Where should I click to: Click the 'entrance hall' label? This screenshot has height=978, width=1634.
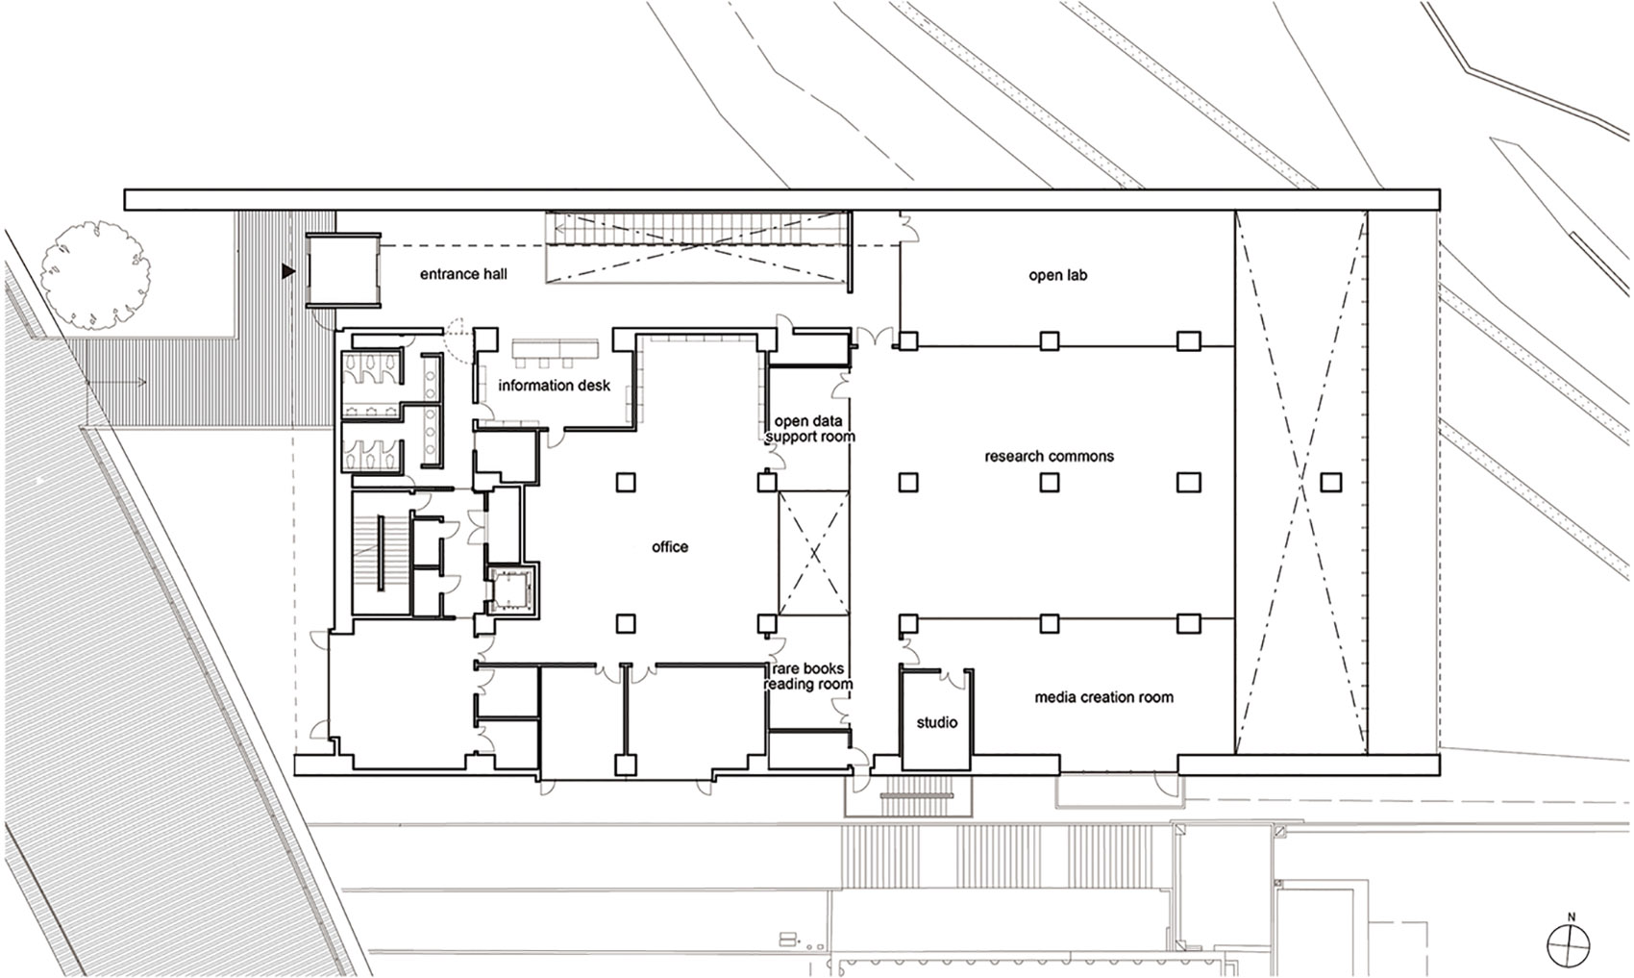(x=463, y=275)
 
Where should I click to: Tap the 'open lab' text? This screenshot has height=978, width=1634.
(x=1057, y=275)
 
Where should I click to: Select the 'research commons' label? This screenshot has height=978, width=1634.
(x=1049, y=456)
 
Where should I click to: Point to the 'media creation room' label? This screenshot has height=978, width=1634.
(x=1103, y=697)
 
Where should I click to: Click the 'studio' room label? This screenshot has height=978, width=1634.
(x=936, y=722)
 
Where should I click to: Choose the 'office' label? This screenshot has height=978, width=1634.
(x=669, y=546)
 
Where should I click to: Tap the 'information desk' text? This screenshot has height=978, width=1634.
(x=554, y=386)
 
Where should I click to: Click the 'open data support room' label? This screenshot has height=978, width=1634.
(x=809, y=429)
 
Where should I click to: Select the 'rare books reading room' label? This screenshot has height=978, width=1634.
(x=809, y=676)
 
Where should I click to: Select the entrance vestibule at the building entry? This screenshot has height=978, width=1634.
(x=341, y=271)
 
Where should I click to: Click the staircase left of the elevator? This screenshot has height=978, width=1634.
(x=381, y=557)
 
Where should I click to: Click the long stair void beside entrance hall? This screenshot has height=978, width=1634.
(x=698, y=248)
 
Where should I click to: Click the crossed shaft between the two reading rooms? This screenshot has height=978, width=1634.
(x=813, y=553)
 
